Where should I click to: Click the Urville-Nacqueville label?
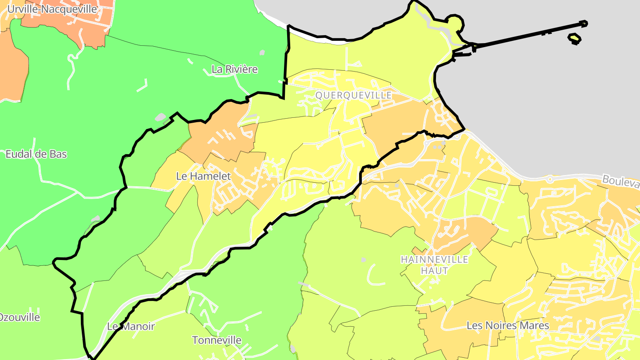[x=52, y=9]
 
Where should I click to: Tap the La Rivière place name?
[x=235, y=69]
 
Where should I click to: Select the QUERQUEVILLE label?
[x=353, y=96]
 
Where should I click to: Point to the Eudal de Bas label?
[x=36, y=154]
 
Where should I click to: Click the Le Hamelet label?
[x=204, y=176]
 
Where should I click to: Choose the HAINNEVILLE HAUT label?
[x=434, y=265]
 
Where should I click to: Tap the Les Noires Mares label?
[x=508, y=326]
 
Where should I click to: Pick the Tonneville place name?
[x=216, y=340]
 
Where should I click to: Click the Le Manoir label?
[x=131, y=327]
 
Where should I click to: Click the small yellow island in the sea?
[x=575, y=39]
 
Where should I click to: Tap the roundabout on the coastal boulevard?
[x=550, y=180]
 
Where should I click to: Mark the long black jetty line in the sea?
[x=529, y=35]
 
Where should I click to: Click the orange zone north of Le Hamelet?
[x=222, y=133]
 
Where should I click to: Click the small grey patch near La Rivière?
[x=262, y=52]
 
